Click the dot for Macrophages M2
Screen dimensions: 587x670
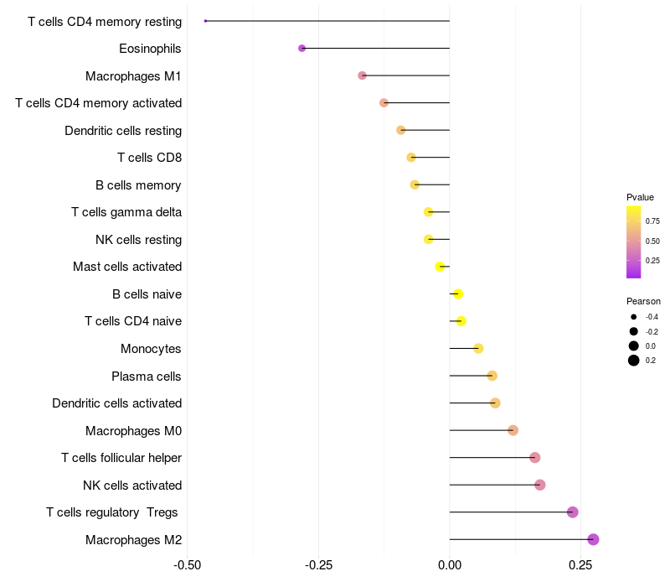click(593, 539)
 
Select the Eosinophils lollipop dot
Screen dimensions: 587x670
click(301, 49)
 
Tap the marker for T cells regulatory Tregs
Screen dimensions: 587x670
click(573, 512)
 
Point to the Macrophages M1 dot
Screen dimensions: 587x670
click(362, 75)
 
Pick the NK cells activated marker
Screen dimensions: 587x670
click(540, 485)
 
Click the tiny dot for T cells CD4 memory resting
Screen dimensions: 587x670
click(205, 21)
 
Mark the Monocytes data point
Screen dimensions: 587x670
click(478, 349)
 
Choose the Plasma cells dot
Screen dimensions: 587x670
click(492, 376)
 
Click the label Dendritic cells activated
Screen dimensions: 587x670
click(117, 403)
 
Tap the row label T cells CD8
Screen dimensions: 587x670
click(149, 158)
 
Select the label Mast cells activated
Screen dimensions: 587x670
click(127, 267)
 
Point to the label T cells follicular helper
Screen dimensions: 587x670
click(121, 458)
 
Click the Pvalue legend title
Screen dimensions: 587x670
click(640, 197)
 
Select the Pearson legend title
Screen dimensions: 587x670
click(643, 301)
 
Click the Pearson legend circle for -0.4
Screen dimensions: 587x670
click(634, 317)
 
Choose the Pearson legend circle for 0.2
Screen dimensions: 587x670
click(634, 361)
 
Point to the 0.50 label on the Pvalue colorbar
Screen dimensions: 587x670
click(652, 242)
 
